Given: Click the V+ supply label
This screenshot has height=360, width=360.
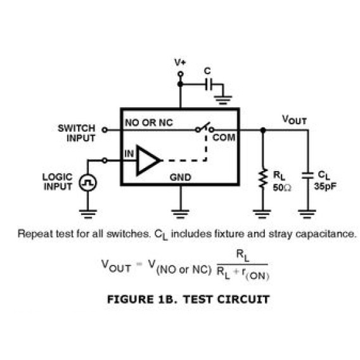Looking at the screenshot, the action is click(x=180, y=62).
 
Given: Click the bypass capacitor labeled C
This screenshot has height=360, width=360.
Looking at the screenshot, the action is click(x=209, y=84).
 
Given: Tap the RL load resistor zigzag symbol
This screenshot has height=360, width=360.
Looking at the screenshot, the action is click(x=263, y=178).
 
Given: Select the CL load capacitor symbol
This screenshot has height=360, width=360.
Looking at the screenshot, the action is click(x=307, y=176).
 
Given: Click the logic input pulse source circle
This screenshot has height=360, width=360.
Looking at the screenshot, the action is click(x=87, y=183).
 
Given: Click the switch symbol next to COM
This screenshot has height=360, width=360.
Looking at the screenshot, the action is click(x=204, y=127).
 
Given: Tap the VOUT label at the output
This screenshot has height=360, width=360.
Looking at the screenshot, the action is click(x=294, y=120).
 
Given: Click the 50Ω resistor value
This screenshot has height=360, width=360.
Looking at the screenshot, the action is click(x=282, y=188).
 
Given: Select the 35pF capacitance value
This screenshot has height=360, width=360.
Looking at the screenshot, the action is click(x=325, y=186).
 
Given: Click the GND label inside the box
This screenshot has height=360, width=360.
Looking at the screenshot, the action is click(x=180, y=177).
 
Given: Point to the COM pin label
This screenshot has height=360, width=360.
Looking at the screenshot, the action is click(x=224, y=138).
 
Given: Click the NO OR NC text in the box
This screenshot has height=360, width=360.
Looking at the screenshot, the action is click(x=149, y=122).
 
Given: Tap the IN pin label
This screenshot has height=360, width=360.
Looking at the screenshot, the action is click(x=129, y=153).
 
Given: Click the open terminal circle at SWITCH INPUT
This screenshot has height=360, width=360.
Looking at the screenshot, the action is click(x=105, y=130).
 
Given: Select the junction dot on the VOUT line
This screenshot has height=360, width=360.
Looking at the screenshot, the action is click(x=263, y=130).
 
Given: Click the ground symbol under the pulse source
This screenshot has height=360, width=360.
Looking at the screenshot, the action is click(x=87, y=214).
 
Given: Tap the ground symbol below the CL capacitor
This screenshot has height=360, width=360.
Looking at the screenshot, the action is click(x=307, y=214).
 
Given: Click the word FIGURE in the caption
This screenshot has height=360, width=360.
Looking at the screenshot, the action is click(x=130, y=299).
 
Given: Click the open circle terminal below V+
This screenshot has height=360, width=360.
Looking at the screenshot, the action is click(x=181, y=74).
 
